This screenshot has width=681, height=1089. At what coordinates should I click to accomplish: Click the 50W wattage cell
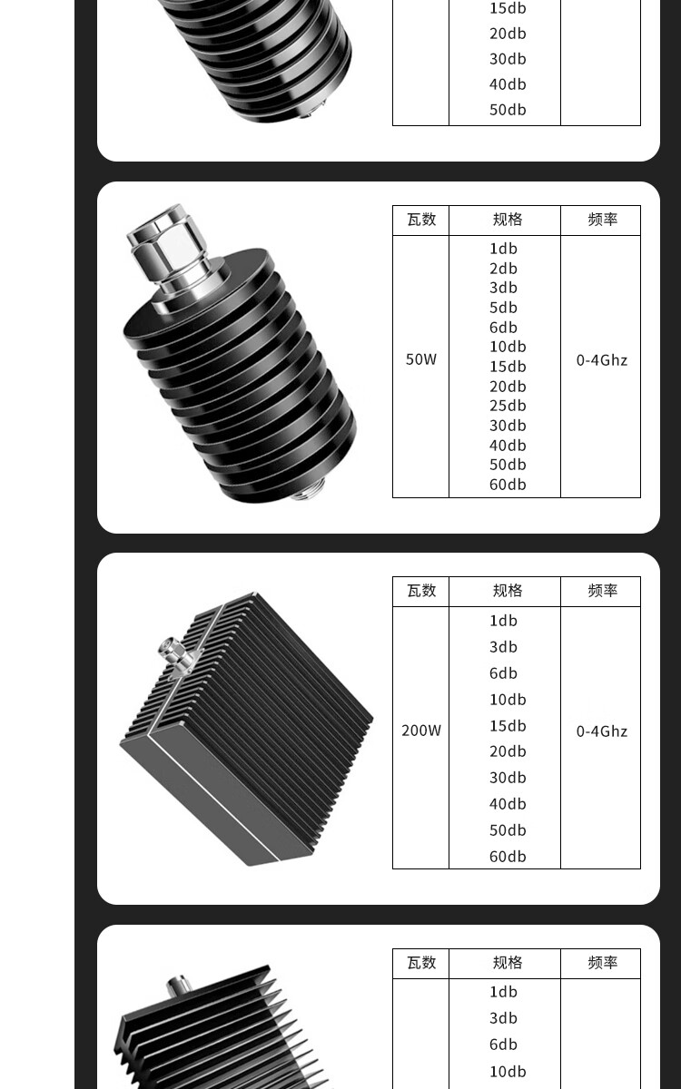tap(420, 359)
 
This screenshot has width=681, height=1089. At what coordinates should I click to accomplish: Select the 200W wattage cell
tap(420, 731)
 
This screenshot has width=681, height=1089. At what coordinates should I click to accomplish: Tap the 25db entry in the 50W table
tap(508, 406)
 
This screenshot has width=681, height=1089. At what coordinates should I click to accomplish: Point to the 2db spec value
tap(503, 269)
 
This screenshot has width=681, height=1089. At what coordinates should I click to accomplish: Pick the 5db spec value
tap(503, 308)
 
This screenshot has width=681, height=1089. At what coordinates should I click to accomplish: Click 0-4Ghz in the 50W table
tap(602, 360)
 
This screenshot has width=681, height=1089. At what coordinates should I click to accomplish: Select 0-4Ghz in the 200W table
tap(602, 731)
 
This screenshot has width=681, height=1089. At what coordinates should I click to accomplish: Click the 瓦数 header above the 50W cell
tap(421, 220)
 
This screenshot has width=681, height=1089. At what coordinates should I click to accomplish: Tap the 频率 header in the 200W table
tap(602, 591)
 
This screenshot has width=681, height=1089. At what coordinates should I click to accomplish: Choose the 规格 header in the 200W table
tap(508, 591)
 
